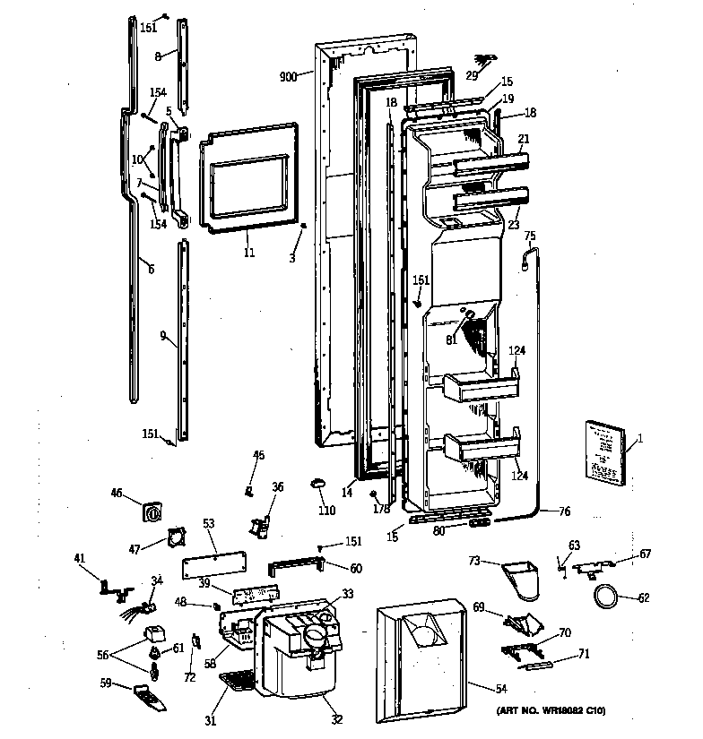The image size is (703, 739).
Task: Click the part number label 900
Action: click(289, 77)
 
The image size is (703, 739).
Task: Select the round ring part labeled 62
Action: click(604, 596)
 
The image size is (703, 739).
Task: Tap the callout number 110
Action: click(326, 511)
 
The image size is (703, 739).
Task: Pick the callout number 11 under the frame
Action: click(248, 253)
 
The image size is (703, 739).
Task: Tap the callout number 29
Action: click(472, 75)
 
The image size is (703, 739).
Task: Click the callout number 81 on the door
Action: click(451, 339)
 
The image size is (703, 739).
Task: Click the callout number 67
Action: click(644, 554)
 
